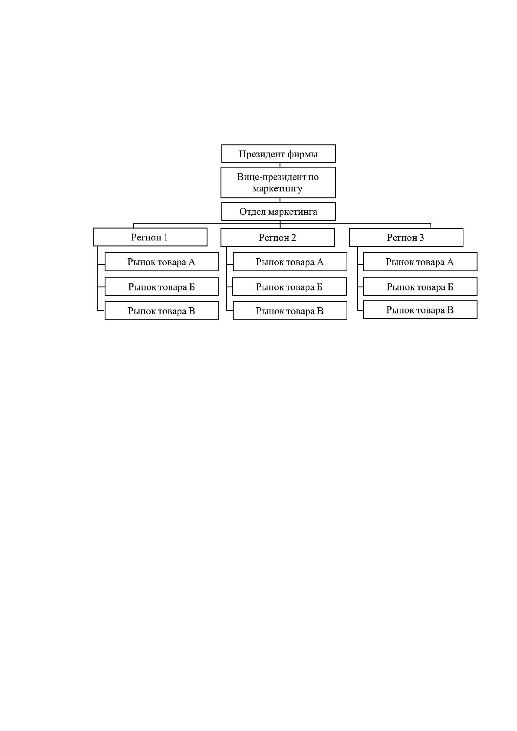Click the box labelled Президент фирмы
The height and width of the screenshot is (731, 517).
(x=278, y=154)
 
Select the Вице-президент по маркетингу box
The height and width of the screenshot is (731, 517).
(x=278, y=182)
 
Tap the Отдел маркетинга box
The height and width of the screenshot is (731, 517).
(x=278, y=211)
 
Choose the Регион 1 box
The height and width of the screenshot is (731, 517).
(x=150, y=237)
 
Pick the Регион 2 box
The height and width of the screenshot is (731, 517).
(x=278, y=237)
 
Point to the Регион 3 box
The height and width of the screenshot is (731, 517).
(x=406, y=237)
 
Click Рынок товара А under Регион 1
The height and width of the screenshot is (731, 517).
(x=162, y=262)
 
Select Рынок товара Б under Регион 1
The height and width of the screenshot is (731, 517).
(x=162, y=286)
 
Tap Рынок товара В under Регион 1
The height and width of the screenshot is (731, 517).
(x=162, y=311)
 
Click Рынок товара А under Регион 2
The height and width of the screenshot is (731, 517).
(x=290, y=262)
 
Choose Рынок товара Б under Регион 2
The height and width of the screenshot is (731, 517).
(x=290, y=286)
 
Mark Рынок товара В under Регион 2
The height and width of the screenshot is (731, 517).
(x=290, y=311)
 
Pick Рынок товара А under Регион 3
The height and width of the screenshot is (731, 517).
(x=420, y=262)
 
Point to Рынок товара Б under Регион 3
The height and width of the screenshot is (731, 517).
(x=420, y=286)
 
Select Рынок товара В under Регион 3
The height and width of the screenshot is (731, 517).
(x=420, y=310)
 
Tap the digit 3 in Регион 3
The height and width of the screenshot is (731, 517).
(x=422, y=237)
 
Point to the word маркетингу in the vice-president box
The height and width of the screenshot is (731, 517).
(x=278, y=189)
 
